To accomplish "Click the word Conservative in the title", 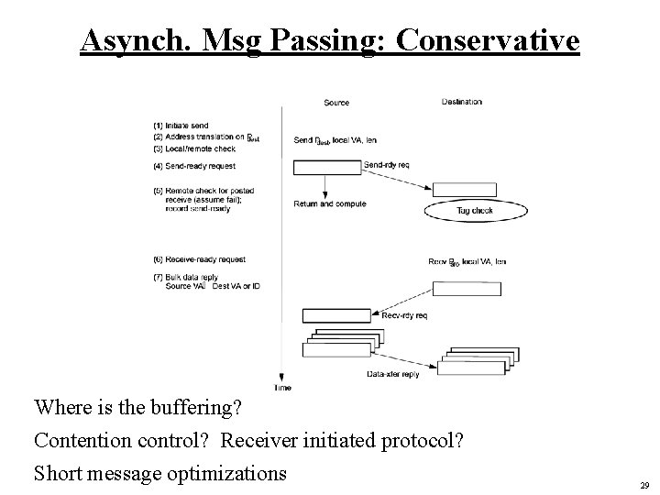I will (x=491, y=41).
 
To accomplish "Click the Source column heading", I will (x=336, y=103).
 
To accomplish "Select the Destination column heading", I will (x=462, y=102).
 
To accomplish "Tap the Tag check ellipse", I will (x=476, y=211).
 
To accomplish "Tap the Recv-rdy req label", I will (x=402, y=315).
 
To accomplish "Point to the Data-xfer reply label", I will (x=392, y=375).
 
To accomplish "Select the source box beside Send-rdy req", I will (x=326, y=167).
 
